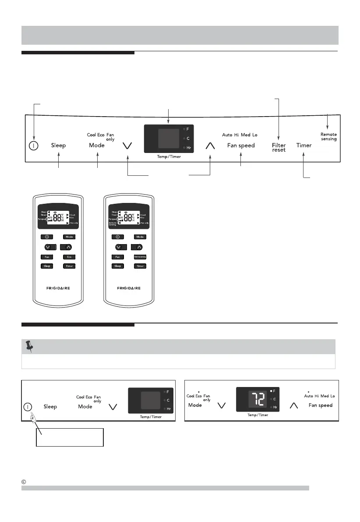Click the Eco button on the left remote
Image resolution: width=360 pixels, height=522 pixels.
69,256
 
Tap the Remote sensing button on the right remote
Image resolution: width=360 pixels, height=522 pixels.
139,256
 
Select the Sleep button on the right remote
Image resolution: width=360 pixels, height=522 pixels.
117,266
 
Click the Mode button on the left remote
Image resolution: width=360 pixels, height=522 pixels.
69,237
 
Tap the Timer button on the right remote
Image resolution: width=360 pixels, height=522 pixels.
139,266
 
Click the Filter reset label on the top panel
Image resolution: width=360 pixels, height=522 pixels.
279,147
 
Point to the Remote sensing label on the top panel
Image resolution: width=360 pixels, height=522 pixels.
328,137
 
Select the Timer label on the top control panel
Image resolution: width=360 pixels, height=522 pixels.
304,145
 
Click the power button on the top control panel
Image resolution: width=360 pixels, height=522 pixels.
33,145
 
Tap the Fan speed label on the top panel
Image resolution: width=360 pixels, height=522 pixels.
241,145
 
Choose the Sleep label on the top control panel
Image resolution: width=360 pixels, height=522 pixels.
58,145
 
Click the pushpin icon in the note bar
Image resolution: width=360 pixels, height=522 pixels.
30,347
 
